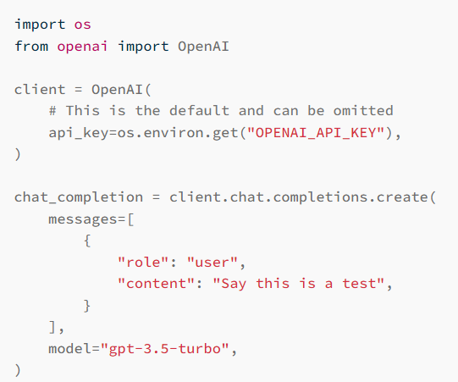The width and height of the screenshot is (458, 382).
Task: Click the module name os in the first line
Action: click(x=82, y=25)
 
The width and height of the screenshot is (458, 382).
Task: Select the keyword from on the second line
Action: click(x=31, y=46)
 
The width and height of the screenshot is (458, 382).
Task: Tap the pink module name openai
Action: click(x=82, y=47)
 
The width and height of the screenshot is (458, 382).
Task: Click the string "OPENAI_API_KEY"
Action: click(x=316, y=133)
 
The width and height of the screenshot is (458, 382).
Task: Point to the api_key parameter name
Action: click(x=78, y=133)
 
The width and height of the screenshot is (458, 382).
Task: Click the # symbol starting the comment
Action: click(x=52, y=111)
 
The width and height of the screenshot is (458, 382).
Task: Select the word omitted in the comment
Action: click(x=363, y=111)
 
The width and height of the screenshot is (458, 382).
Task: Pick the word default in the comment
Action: click(x=199, y=111)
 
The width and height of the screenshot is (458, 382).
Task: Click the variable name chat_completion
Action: click(x=79, y=197)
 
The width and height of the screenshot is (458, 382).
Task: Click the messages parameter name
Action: click(x=82, y=219)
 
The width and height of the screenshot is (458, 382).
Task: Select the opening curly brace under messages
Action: click(x=87, y=241)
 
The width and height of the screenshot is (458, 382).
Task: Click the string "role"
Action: click(x=143, y=262)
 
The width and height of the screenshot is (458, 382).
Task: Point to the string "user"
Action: click(x=212, y=262)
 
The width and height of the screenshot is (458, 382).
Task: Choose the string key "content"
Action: click(x=156, y=284)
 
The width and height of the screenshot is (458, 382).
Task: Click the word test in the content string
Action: click(x=359, y=284)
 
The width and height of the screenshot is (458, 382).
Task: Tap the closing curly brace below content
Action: click(x=87, y=306)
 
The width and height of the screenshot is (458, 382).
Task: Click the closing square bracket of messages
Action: click(x=52, y=327)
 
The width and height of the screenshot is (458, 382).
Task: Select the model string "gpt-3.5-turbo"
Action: click(x=165, y=348)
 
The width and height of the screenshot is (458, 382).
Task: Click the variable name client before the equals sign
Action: click(x=40, y=89)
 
